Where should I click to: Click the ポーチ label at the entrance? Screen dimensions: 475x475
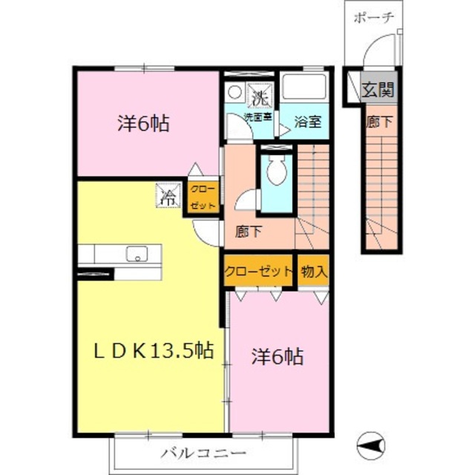click(x=374, y=18)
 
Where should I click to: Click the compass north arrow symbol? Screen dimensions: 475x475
click(x=371, y=445)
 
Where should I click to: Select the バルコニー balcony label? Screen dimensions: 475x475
click(x=203, y=453)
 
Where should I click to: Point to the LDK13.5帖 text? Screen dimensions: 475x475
click(x=154, y=351)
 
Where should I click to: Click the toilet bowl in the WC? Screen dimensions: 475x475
click(x=277, y=170)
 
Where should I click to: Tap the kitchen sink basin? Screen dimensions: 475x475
click(x=137, y=253)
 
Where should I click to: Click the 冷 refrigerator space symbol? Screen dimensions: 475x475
click(x=168, y=196)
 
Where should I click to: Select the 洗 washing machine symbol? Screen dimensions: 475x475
click(x=260, y=96)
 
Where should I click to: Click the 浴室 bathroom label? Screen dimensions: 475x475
click(x=307, y=122)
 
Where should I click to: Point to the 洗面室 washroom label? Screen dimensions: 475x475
click(x=258, y=117)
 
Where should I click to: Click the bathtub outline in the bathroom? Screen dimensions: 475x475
click(x=304, y=86)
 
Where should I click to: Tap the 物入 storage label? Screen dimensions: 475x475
click(x=314, y=272)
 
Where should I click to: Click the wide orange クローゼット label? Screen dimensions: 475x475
click(x=258, y=271)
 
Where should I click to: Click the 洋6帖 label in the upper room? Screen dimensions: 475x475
click(x=143, y=124)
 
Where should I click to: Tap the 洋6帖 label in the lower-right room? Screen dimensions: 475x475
click(x=277, y=356)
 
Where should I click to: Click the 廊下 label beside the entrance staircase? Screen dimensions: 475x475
click(x=379, y=122)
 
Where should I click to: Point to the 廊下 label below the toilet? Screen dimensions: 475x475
click(x=249, y=232)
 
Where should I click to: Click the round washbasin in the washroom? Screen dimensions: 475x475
click(x=235, y=92)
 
